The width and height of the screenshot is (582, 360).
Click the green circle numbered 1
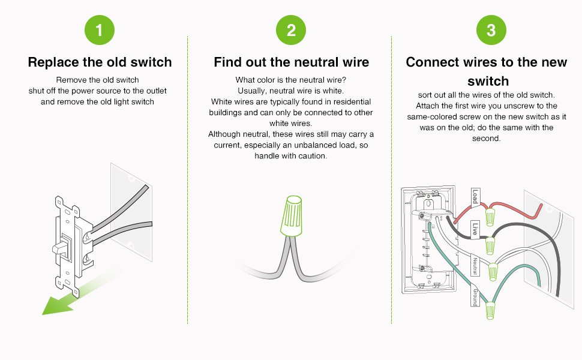[x=100, y=31]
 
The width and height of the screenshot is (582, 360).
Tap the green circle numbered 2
[x=291, y=31]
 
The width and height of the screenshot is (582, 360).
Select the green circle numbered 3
[x=491, y=31]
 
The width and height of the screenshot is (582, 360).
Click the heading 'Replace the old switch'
[x=100, y=62]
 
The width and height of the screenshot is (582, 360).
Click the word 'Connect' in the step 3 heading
[x=431, y=62]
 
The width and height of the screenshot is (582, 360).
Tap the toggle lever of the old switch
[x=60, y=247]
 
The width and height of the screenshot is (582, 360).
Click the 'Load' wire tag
[x=475, y=197]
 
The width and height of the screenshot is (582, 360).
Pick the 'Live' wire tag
[x=475, y=229]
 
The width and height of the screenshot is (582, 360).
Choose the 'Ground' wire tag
[x=475, y=294]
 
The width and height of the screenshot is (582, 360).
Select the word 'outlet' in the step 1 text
[x=155, y=91]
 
